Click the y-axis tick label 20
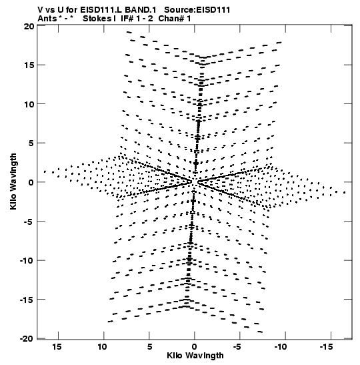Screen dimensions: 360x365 click(29, 27)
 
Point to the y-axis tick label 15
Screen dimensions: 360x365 click(29, 65)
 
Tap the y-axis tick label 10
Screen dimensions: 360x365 click(29, 105)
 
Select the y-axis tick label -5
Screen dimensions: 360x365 click(29, 222)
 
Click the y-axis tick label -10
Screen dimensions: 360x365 click(27, 261)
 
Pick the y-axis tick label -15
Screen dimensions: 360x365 click(27, 300)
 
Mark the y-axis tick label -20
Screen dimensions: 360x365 click(27, 339)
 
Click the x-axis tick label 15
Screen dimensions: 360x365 click(57, 347)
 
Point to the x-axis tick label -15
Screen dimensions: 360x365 click(326, 347)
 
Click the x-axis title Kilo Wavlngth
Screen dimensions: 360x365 click(195, 356)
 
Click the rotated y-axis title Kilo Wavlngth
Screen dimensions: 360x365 click(13, 181)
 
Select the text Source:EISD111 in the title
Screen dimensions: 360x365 click(197, 10)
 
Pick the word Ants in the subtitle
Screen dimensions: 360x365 click(47, 19)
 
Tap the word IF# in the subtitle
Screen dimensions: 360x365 click(127, 19)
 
